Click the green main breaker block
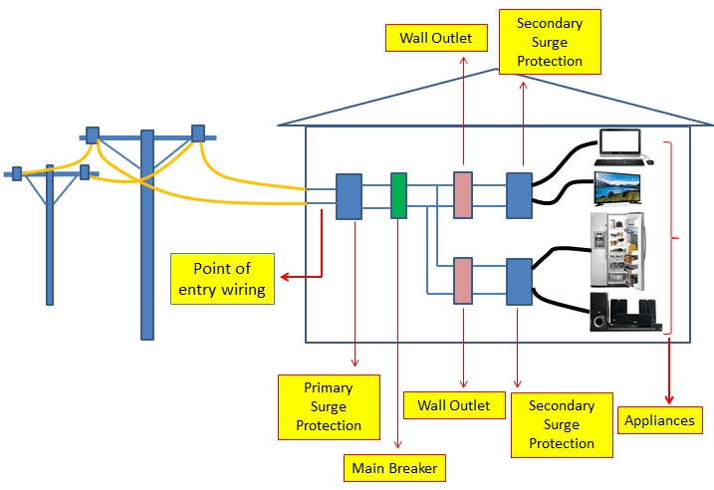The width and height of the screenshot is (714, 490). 398,196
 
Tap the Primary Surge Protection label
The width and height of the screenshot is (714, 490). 328,406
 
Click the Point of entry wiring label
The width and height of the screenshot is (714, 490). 222,279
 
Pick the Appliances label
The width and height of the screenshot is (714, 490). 659,420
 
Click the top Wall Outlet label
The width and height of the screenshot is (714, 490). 436,39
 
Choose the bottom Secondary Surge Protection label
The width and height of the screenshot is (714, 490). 561,425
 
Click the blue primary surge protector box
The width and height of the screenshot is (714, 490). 349,196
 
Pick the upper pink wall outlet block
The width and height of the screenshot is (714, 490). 462,195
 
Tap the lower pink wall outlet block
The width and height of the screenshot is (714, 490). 462,281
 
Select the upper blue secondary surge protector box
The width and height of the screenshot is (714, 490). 520,195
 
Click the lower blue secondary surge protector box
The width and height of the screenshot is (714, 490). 520,281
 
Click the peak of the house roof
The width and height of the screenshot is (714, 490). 499,72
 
